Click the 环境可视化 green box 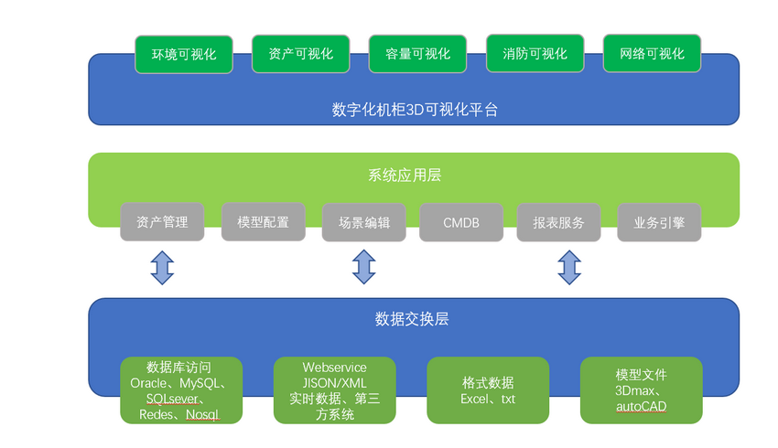coord(184,55)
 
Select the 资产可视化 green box coord(301,54)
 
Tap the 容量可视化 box coord(417,54)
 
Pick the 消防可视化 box coord(535,54)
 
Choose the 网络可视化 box coord(652,54)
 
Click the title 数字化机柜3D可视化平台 coord(415,110)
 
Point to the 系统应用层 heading coord(405,175)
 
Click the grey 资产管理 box coord(162,222)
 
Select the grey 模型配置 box coord(263,222)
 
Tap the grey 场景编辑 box coord(363,222)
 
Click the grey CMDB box coord(461,222)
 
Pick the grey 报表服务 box coord(558,222)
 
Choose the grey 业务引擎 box coord(659,222)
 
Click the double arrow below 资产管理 coord(162,268)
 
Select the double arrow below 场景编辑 coord(363,267)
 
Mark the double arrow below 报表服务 coord(569,267)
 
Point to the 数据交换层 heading coord(412,319)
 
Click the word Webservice coord(334,368)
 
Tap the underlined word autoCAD coord(641,406)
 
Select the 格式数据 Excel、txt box coord(488,390)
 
